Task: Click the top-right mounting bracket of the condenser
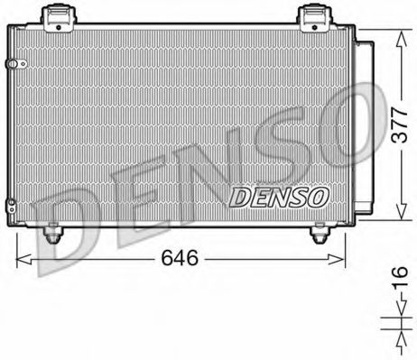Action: click(314, 16)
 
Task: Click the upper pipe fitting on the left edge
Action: click(12, 64)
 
